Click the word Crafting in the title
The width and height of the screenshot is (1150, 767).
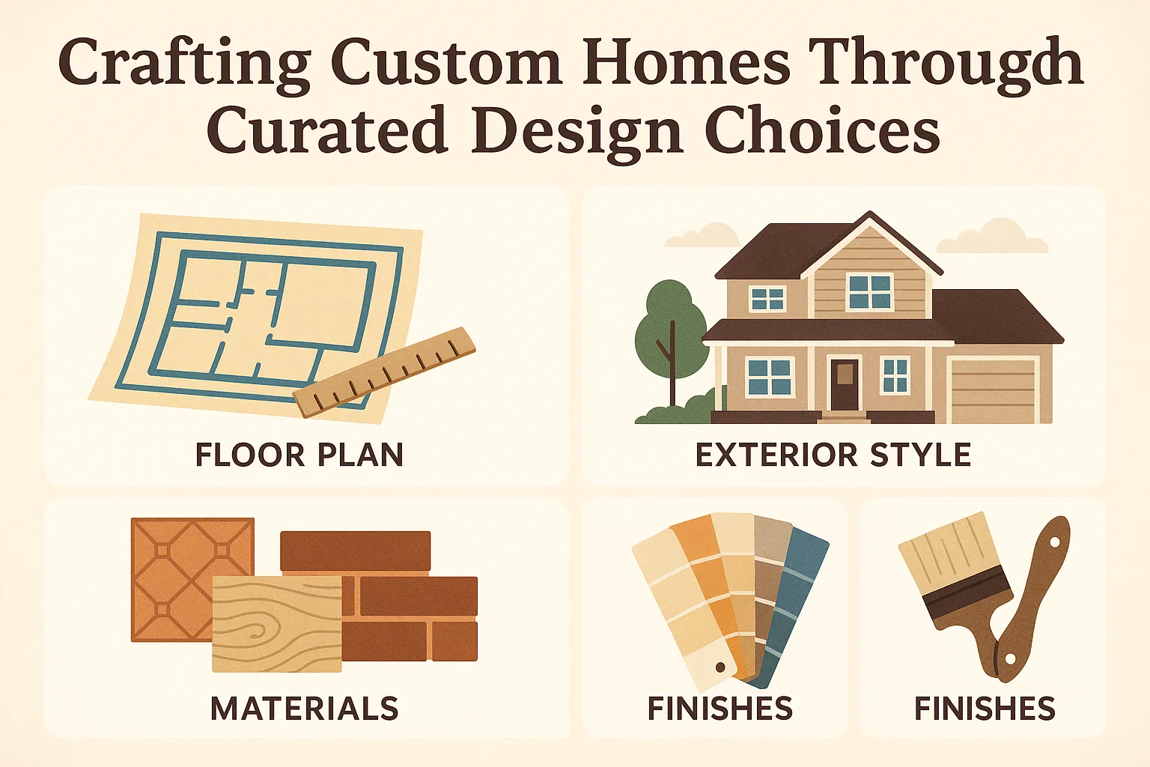click(x=184, y=63)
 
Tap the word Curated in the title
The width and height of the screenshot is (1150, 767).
click(x=326, y=130)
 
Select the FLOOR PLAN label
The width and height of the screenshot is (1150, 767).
click(x=299, y=455)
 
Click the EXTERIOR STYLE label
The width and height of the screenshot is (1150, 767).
click(x=833, y=455)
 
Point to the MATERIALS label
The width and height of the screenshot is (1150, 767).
click(x=304, y=709)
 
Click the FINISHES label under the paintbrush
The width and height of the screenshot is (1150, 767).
click(x=985, y=709)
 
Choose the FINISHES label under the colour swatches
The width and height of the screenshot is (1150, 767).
click(x=719, y=709)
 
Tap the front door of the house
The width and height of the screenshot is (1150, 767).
click(x=845, y=383)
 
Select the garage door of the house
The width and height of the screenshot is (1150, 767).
click(x=993, y=391)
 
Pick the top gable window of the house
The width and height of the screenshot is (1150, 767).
click(x=870, y=291)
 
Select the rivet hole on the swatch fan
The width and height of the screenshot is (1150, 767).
click(x=721, y=667)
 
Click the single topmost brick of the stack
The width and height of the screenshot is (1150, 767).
click(x=355, y=551)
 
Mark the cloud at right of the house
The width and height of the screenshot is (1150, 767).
click(x=993, y=237)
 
